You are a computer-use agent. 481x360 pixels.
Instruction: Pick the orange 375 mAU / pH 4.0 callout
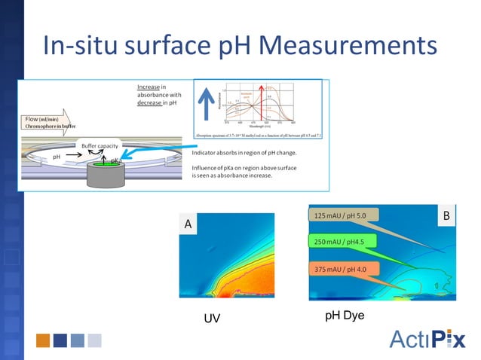point(344,268)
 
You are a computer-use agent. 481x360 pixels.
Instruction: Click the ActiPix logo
point(427,340)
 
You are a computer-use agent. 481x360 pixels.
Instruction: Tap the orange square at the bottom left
point(42,340)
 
